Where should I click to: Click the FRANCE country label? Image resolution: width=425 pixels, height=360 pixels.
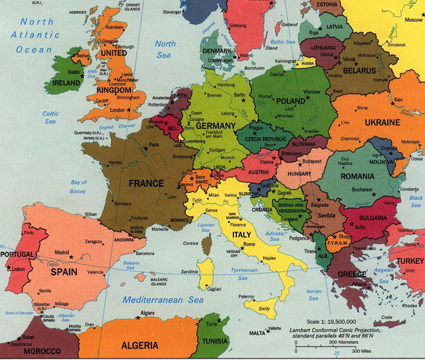[x=147, y=182]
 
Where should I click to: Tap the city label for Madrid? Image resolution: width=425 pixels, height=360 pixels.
[x=64, y=252]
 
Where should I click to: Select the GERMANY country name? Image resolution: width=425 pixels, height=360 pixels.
[x=218, y=125]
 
